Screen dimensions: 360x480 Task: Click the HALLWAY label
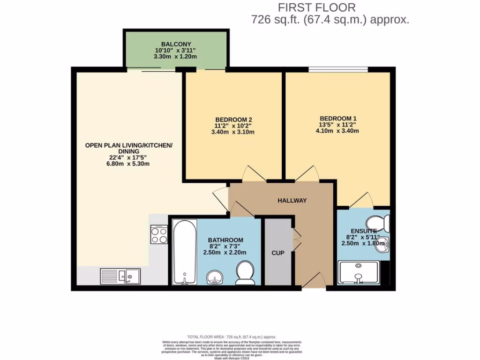(x=292, y=201)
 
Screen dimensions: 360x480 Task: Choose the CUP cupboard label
(x=278, y=253)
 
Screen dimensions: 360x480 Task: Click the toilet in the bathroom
(x=245, y=273)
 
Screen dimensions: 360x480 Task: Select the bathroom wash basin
(x=215, y=277)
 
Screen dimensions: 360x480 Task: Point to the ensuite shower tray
(x=359, y=273)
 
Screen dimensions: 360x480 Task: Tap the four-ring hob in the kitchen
(x=159, y=234)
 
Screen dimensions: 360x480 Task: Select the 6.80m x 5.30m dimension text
(x=129, y=164)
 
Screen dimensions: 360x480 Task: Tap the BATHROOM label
(x=225, y=240)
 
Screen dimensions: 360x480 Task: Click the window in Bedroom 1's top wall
(x=337, y=70)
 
